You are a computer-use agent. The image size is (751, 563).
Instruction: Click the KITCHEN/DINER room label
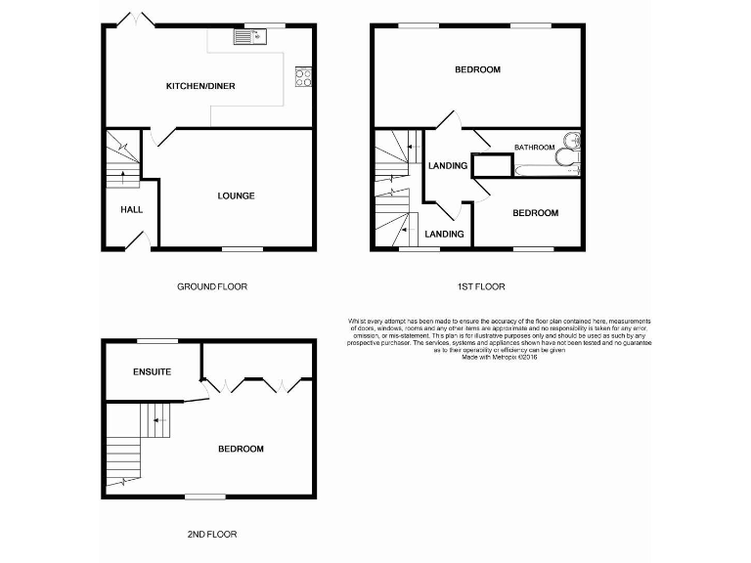pyautogui.click(x=200, y=87)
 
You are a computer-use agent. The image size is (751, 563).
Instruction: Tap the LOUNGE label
pyautogui.click(x=236, y=196)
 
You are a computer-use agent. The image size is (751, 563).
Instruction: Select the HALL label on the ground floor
pyautogui.click(x=131, y=209)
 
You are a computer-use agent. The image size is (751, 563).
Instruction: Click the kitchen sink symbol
pyautogui.click(x=250, y=37)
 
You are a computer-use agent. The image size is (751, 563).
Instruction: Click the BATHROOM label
pyautogui.click(x=535, y=148)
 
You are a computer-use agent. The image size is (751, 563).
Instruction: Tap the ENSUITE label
pyautogui.click(x=153, y=372)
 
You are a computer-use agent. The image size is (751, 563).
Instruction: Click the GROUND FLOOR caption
pyautogui.click(x=212, y=287)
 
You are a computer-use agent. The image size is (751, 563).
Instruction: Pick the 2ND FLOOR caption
pyautogui.click(x=212, y=535)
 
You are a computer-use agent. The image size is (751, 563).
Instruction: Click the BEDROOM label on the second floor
pyautogui.click(x=241, y=450)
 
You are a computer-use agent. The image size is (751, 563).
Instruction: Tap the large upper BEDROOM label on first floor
pyautogui.click(x=478, y=69)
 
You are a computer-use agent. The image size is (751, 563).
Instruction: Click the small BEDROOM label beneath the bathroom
pyautogui.click(x=536, y=213)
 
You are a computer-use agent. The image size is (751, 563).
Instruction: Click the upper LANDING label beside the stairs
pyautogui.click(x=448, y=166)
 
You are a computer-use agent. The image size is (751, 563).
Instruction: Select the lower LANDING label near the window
pyautogui.click(x=445, y=235)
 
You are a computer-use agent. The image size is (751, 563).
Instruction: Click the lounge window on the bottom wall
pyautogui.click(x=243, y=249)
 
